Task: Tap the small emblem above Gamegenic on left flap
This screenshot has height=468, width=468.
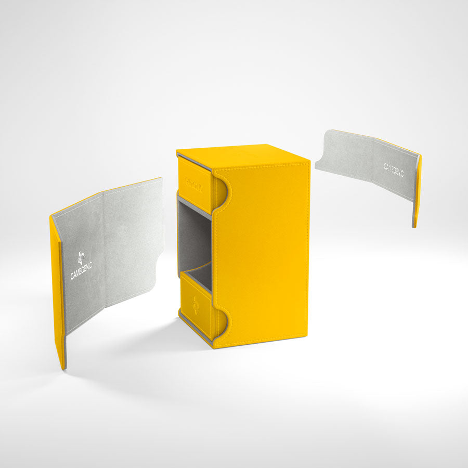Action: (81, 257)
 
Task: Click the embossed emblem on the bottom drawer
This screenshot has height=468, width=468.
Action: (194, 305)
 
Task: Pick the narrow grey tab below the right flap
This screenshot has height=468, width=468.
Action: (414, 214)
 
